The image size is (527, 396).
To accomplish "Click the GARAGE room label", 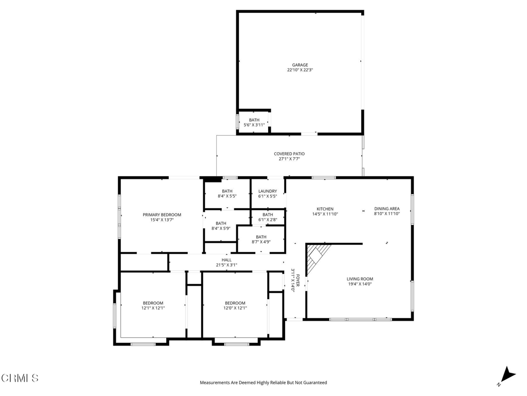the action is (x=300, y=65).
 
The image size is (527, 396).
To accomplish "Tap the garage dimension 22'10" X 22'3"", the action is (x=300, y=70).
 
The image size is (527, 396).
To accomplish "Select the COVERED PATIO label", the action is (x=289, y=154).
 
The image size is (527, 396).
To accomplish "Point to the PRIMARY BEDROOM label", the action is (x=162, y=215).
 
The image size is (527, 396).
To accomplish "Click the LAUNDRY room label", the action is (x=268, y=191).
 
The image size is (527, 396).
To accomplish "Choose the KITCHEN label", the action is (x=325, y=209).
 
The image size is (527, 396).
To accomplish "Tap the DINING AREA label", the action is (x=387, y=209).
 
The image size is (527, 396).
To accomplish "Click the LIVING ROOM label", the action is (x=360, y=279).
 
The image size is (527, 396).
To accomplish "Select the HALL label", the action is (x=226, y=260).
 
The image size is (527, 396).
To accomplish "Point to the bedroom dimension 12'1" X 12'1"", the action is (x=153, y=308).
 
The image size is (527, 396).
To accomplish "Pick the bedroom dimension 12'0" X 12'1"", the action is (x=235, y=308).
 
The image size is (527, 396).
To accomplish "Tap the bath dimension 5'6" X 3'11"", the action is (x=254, y=125).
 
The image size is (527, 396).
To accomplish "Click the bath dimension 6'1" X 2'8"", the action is (x=268, y=220).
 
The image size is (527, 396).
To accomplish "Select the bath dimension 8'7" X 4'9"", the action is (x=261, y=242).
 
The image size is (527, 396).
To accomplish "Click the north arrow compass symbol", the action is (x=507, y=376).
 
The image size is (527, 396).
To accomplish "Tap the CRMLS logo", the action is (x=20, y=378).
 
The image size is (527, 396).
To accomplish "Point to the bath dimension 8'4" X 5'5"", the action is (x=227, y=196).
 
